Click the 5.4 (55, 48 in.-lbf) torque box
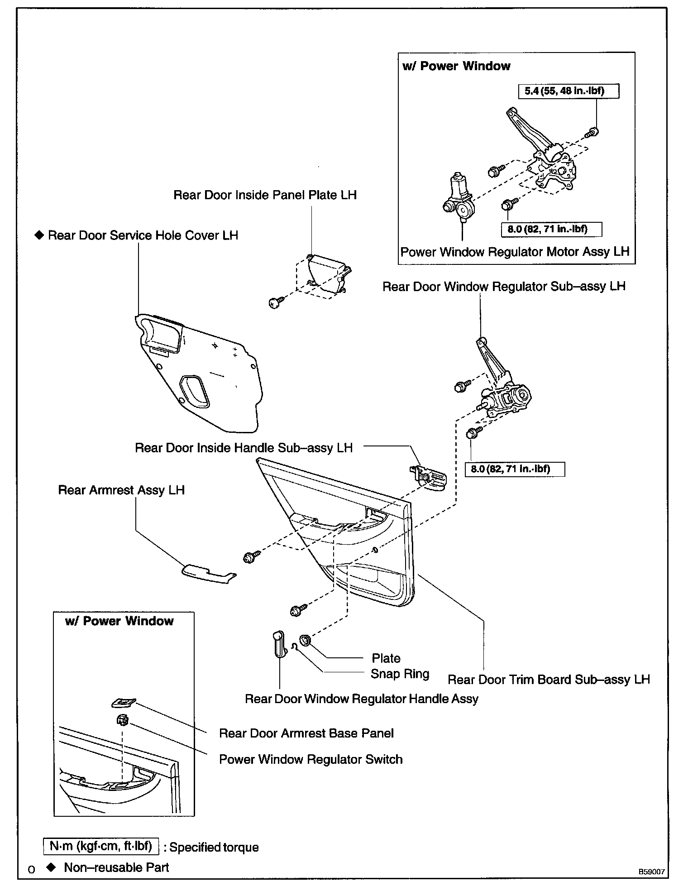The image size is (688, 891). point(568,91)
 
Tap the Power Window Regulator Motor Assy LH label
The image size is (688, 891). point(515,252)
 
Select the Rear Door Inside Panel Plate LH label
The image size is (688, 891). point(265,195)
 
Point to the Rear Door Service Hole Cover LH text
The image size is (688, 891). point(143,235)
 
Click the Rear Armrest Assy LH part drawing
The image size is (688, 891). point(208,573)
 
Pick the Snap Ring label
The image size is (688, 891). point(400,674)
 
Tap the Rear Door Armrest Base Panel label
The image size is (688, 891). point(306,733)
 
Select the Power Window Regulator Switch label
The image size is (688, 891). point(311,759)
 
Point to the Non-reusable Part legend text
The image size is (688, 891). point(116,867)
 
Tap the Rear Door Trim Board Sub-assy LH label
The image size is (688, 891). point(548,680)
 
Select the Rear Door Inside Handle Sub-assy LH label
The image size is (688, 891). point(244,448)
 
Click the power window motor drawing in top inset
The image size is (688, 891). point(459,199)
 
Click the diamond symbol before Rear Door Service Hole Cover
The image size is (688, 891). point(39,235)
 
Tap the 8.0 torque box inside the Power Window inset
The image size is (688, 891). point(551,229)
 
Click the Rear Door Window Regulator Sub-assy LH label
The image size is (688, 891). point(504,287)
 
